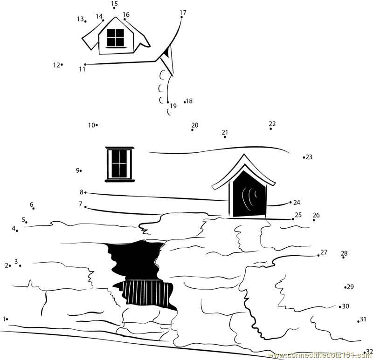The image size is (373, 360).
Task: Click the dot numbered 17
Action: [181, 17]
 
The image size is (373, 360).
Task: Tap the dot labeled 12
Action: [62, 64]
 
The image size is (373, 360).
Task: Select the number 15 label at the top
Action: [114, 3]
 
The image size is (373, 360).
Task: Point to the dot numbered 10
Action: [97, 125]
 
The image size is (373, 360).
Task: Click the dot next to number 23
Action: [304, 157]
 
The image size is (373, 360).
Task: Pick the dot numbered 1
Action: [7, 319]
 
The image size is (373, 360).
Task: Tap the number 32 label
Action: [369, 351]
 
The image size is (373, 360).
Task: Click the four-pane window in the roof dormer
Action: [115, 38]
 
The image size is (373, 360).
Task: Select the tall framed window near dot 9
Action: [120, 164]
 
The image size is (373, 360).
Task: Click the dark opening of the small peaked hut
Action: [249, 195]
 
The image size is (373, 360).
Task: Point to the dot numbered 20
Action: [192, 130]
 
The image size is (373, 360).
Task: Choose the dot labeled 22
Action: [271, 129]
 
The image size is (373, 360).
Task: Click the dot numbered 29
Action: [345, 287]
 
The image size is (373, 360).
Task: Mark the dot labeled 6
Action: [33, 208]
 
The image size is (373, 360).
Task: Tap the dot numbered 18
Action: [185, 102]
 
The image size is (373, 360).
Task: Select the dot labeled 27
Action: [318, 255]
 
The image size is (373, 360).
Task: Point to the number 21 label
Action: [225, 132]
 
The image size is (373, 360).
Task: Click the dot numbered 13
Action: [85, 21]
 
